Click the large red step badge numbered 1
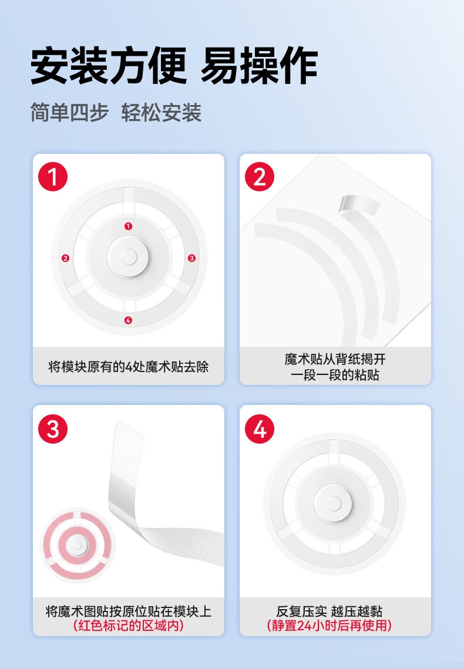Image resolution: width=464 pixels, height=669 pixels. coord(53,177)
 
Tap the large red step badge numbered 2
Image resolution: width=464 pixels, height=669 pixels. coord(260,177)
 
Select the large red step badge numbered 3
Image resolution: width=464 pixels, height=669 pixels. coord(53,429)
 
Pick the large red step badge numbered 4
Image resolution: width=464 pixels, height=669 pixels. coord(260,429)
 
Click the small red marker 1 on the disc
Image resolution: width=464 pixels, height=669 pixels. coord(128,226)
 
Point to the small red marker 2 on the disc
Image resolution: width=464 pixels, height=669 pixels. coord(65,258)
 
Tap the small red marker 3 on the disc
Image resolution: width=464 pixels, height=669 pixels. coord(191,258)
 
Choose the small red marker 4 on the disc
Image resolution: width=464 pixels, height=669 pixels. coord(128,320)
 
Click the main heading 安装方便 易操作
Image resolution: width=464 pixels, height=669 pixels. coord(174,66)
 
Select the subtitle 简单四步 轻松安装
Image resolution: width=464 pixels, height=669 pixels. coord(116,113)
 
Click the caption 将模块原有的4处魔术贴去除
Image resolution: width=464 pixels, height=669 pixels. coord(129,367)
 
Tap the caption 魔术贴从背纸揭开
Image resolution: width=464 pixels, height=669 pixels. coord(335,359)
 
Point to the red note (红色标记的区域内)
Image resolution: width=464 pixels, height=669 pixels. coord(129,626)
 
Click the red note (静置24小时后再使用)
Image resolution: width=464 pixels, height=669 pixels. coord(329,626)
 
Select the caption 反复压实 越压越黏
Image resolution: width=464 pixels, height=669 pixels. coord(329,611)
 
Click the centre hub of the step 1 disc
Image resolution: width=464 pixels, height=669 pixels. coord(129,257)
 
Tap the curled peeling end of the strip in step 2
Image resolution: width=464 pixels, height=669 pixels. coord(358,205)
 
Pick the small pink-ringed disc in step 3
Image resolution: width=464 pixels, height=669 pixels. coord(78,545)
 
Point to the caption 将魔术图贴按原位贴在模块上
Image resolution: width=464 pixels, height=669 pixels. coord(129,611)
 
